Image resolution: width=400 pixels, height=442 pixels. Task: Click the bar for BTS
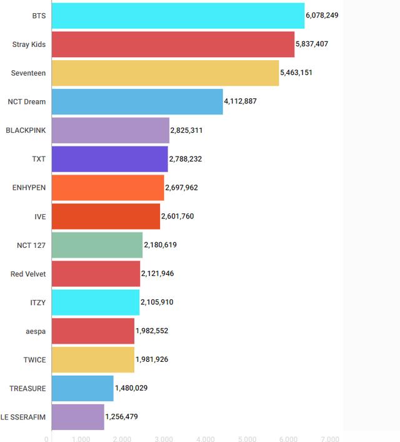tap(177, 15)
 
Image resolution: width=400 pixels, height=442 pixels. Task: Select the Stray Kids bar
tap(172, 44)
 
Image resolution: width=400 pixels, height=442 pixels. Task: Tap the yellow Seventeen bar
tap(165, 73)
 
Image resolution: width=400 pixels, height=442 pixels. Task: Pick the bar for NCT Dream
tap(137, 101)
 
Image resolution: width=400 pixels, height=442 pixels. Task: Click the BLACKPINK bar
tap(110, 130)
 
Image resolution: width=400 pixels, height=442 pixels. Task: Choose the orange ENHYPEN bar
tap(107, 187)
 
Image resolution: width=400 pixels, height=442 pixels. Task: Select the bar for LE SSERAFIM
tap(77, 417)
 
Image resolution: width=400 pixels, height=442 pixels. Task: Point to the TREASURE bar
tap(82, 388)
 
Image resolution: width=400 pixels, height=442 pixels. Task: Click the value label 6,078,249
tap(322, 15)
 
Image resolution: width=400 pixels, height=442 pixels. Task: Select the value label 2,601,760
tap(177, 216)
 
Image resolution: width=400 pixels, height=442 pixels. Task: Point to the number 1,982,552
tap(152, 331)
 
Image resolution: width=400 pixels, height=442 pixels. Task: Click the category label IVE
tap(40, 216)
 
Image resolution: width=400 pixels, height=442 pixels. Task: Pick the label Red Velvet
tap(28, 274)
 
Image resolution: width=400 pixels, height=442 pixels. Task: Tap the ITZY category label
tap(37, 302)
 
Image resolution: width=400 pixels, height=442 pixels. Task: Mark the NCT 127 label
tap(31, 245)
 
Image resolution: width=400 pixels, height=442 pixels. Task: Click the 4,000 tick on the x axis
tap(205, 439)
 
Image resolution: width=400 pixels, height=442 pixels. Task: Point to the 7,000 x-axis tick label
tap(330, 439)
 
